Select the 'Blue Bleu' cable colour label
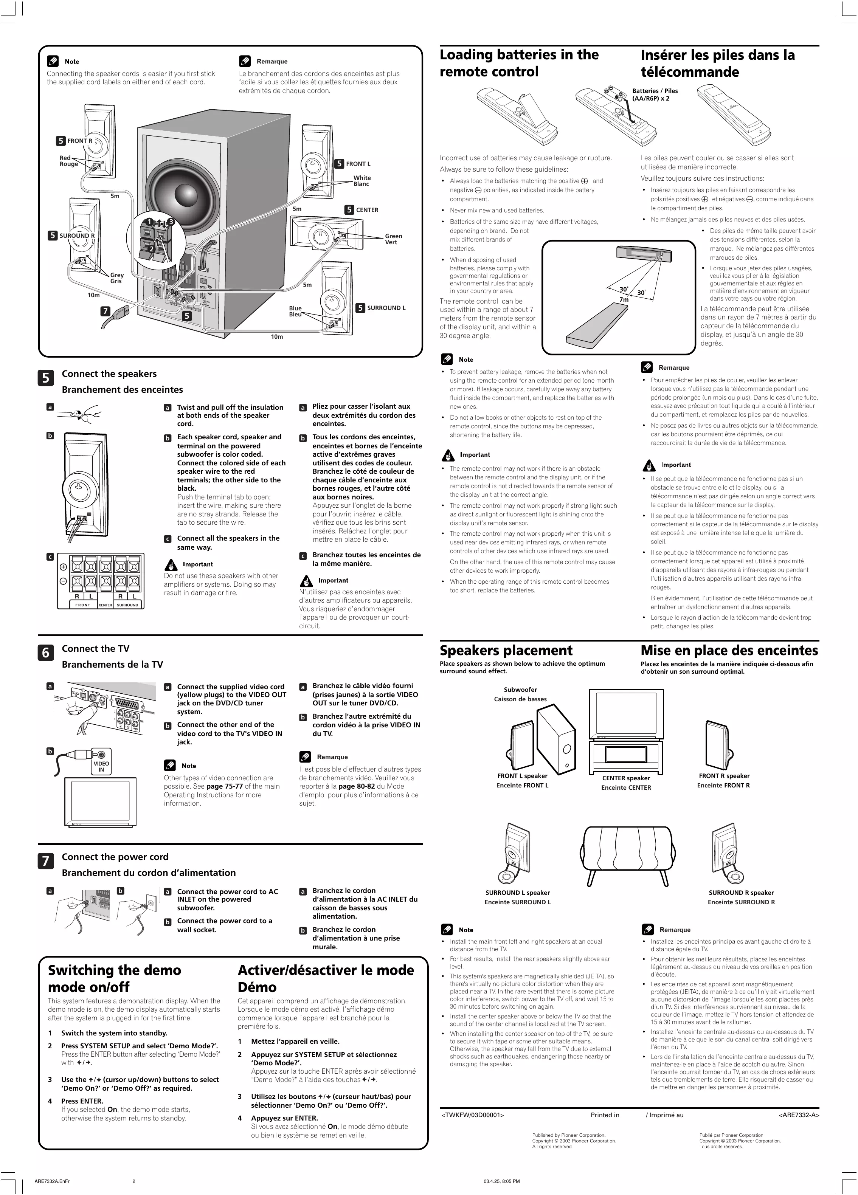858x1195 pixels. [295, 312]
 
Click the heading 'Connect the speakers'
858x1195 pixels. [109, 374]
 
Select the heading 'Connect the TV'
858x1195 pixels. [95, 649]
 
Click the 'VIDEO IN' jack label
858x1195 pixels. [101, 767]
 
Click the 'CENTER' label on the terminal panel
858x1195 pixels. [106, 605]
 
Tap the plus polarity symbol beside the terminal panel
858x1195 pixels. [63, 567]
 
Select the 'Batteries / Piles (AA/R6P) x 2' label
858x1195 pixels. [655, 94]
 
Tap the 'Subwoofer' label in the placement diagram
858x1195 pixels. [520, 689]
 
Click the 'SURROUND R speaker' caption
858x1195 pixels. [741, 893]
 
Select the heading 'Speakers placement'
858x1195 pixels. [506, 650]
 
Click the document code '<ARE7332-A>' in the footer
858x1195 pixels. [799, 1115]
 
